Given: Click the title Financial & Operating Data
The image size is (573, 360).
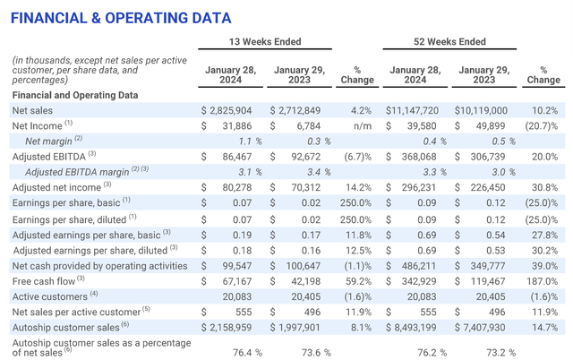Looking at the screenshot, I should click(x=120, y=17).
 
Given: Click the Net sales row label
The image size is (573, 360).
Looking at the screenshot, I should click(x=33, y=109).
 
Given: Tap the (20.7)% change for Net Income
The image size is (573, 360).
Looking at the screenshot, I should click(x=543, y=124).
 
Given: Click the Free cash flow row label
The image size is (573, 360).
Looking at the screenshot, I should click(x=45, y=281).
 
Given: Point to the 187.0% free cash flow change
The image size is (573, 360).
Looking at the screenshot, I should click(x=544, y=281).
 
